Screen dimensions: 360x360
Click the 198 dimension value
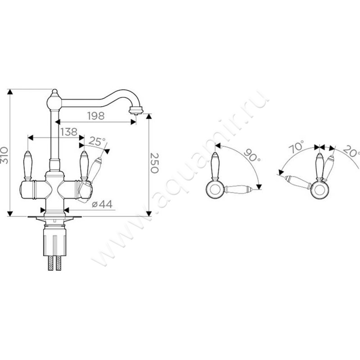point(96,116)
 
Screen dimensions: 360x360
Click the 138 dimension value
point(69,132)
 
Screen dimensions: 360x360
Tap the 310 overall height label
point(4,155)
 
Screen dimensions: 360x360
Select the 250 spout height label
point(154,163)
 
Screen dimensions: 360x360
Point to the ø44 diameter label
point(102,204)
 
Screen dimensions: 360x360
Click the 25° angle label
point(97,141)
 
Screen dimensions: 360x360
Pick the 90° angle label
point(252,155)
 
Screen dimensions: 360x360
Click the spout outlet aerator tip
point(136,110)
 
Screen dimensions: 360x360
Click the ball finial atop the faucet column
point(54,101)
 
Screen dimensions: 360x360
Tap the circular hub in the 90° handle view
point(215,189)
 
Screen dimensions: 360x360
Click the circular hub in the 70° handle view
point(320,190)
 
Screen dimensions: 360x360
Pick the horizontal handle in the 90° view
point(238,189)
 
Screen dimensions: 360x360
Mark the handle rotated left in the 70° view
point(298,182)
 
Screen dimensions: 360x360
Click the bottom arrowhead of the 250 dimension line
point(149,213)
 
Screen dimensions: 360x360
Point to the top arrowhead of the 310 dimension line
point(9,92)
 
